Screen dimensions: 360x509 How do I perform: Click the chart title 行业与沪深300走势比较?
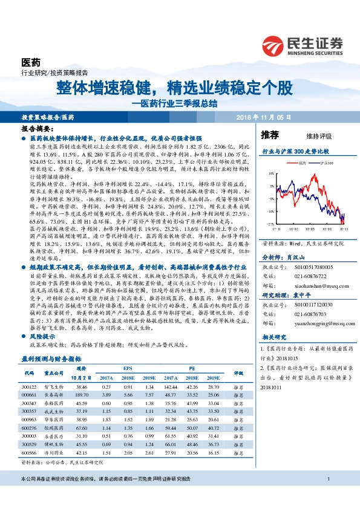point(294,150)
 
